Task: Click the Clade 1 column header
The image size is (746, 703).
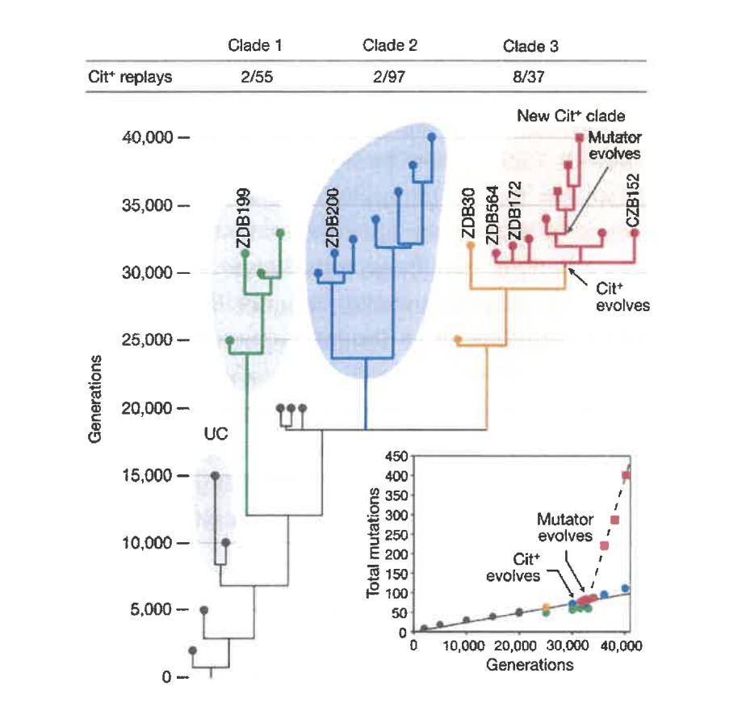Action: click(x=255, y=45)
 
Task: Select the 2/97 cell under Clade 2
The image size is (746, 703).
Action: click(x=390, y=78)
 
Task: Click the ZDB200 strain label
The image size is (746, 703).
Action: click(x=331, y=218)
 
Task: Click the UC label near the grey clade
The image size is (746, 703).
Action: click(x=216, y=434)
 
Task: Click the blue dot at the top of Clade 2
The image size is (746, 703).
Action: click(x=431, y=137)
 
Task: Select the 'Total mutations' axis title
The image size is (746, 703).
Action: click(x=375, y=541)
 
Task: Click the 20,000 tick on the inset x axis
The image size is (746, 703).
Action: click(x=519, y=647)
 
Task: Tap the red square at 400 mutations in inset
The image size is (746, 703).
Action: click(x=626, y=476)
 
